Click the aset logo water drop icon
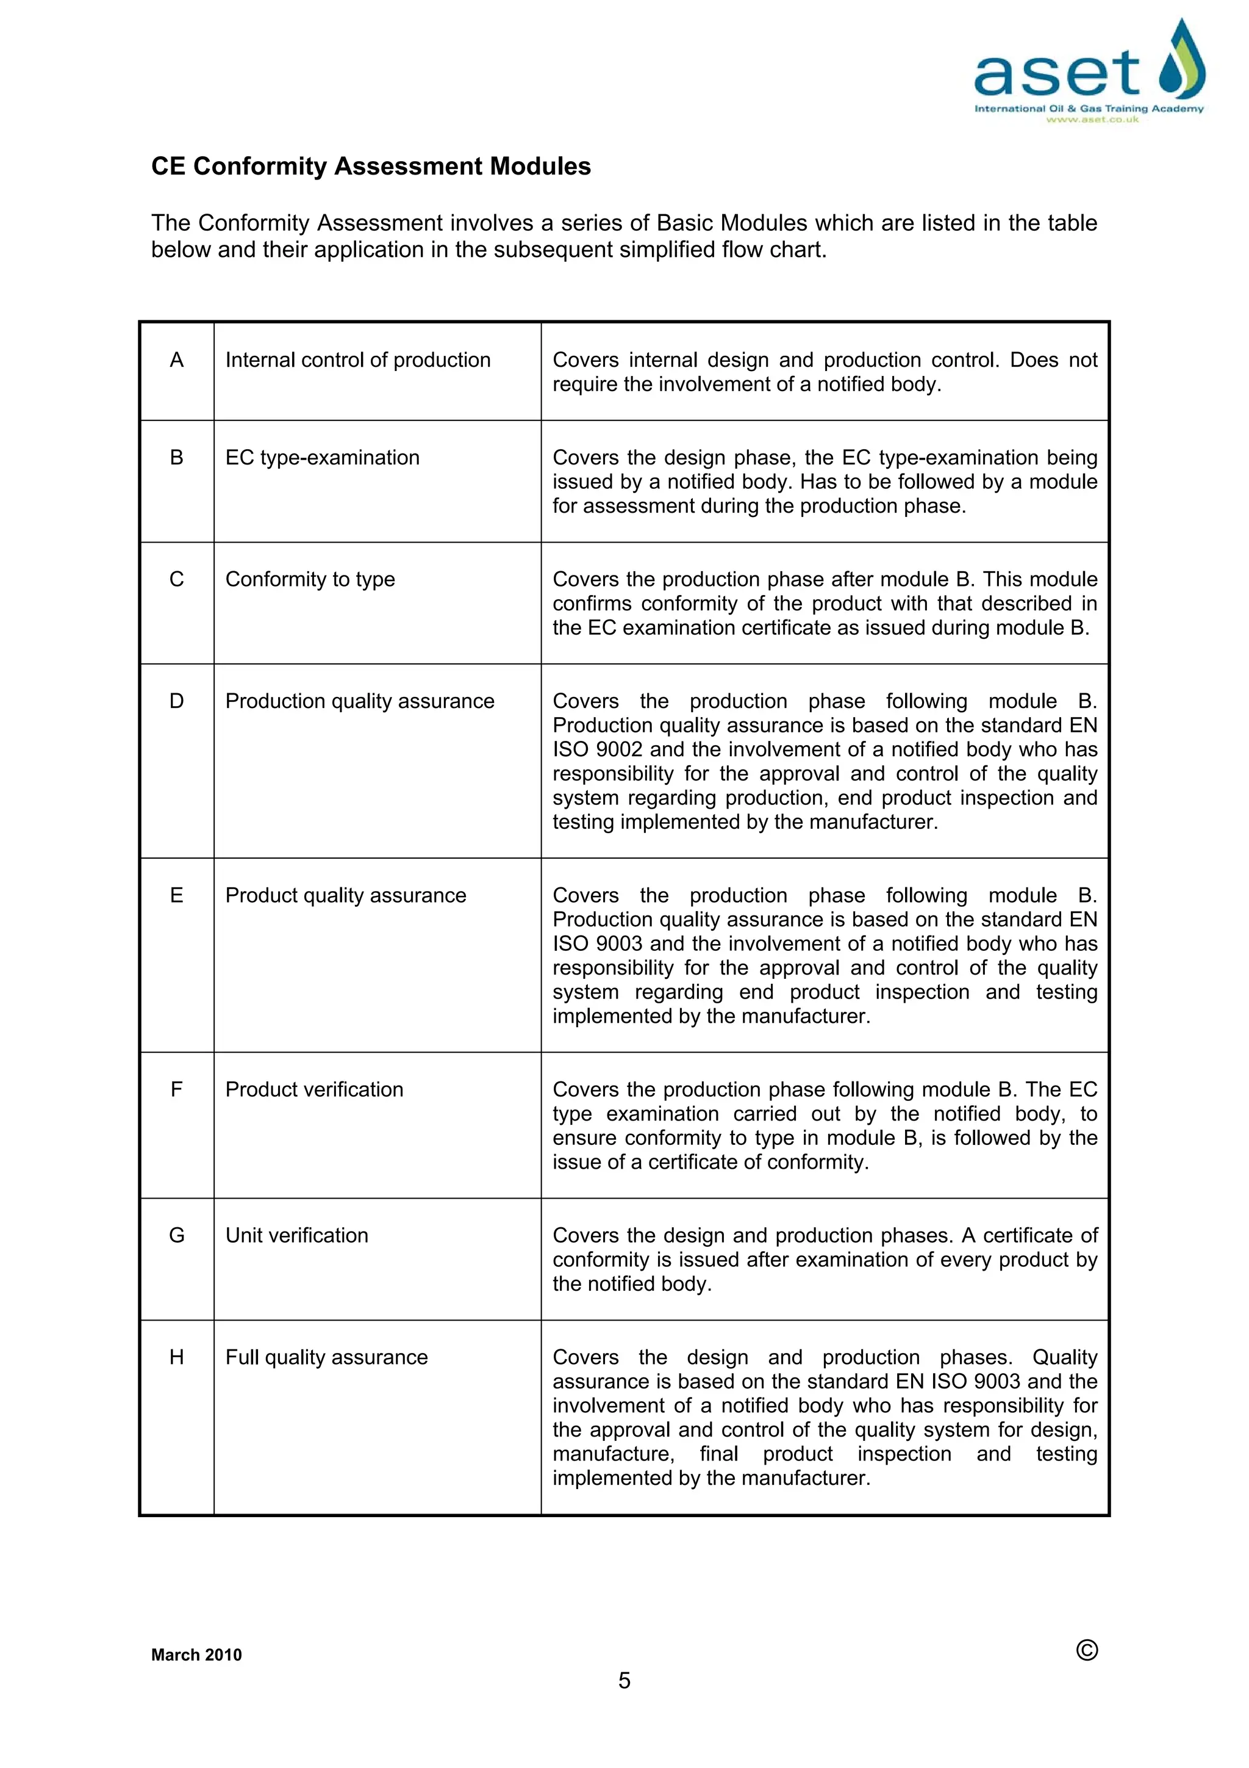pos(1181,60)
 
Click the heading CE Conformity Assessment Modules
pos(371,167)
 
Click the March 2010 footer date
pos(196,1655)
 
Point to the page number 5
pos(624,1680)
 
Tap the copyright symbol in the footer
pos(1087,1650)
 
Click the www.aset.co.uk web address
pos(1091,120)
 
